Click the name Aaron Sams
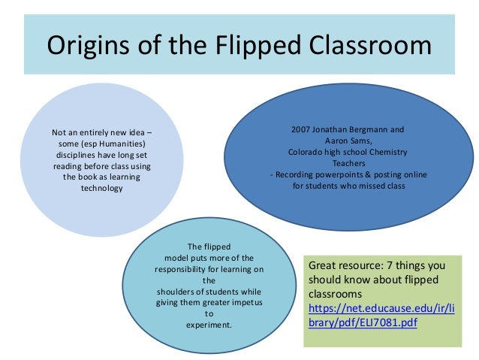(347, 140)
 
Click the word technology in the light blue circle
(101, 188)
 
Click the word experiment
(209, 325)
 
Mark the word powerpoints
(327, 174)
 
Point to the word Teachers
(348, 162)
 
